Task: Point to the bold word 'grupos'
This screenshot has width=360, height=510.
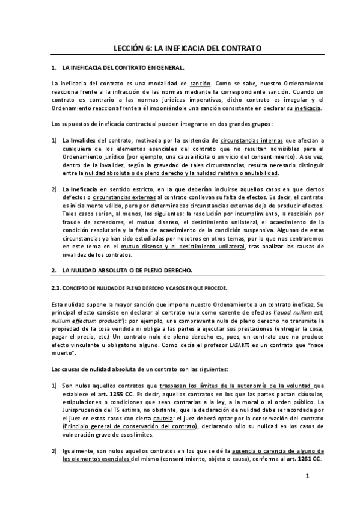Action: tap(261, 124)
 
